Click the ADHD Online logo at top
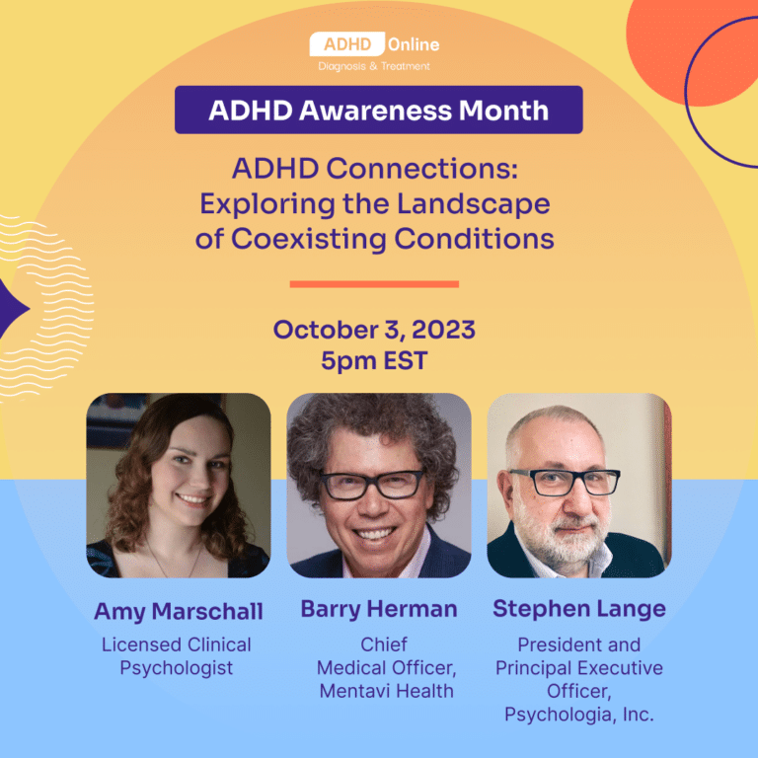tap(374, 44)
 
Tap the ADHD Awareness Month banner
tap(378, 110)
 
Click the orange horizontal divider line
tap(374, 284)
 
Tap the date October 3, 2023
tap(374, 330)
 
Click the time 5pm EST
tap(374, 361)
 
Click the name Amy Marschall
tap(179, 612)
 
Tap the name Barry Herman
tap(379, 609)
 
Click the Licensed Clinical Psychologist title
tap(177, 656)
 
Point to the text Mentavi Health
tap(387, 691)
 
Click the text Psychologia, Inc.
tap(579, 714)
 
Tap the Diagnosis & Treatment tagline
tap(374, 66)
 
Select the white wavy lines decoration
tap(49, 306)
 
